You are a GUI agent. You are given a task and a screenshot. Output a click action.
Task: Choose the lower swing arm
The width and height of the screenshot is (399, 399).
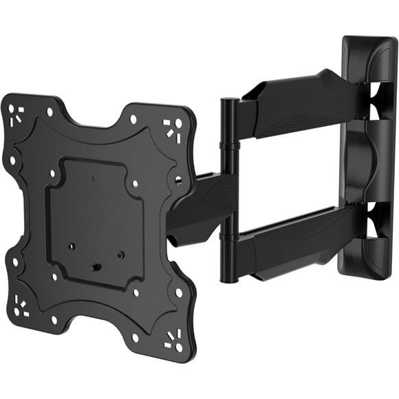[296, 237]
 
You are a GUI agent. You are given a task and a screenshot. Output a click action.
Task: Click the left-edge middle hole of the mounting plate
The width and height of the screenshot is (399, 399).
[12, 160]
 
